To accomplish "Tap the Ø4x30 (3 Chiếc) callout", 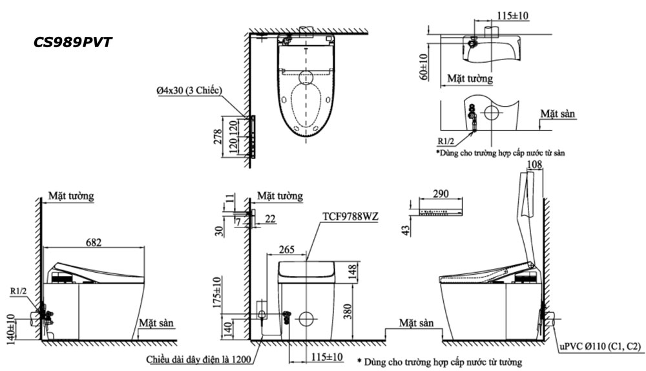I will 189,92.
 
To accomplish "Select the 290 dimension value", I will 440,194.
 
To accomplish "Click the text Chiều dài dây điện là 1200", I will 202,358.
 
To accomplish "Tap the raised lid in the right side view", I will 529,213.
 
